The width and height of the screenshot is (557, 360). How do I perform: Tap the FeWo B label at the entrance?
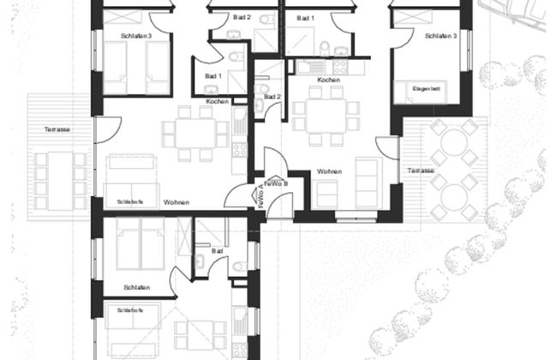pyautogui.click(x=276, y=183)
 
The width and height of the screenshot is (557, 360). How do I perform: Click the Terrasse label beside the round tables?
pyautogui.click(x=421, y=171)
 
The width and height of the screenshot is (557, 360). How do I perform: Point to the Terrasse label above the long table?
pyautogui.click(x=57, y=129)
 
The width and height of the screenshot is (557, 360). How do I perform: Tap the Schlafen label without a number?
pyautogui.click(x=137, y=287)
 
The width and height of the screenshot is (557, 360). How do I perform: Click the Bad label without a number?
pyautogui.click(x=218, y=251)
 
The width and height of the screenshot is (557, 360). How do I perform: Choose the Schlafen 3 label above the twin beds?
pyautogui.click(x=137, y=36)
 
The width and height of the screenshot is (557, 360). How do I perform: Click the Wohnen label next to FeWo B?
pyautogui.click(x=329, y=171)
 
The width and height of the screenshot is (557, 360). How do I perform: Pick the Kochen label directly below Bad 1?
pyautogui.click(x=217, y=102)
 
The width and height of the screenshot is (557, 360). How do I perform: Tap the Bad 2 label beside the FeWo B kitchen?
pyautogui.click(x=272, y=97)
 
